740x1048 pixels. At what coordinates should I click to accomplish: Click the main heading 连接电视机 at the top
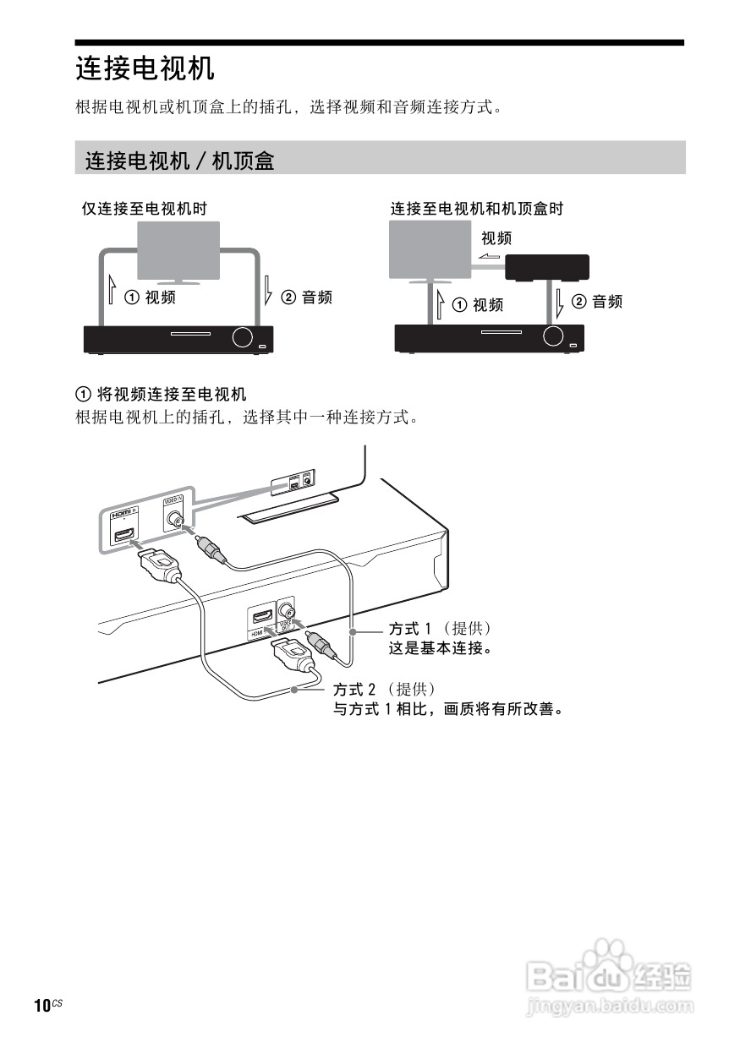[x=145, y=68]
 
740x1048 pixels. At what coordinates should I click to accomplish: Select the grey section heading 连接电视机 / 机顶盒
[x=179, y=160]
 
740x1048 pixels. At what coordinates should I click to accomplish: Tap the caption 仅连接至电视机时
[x=144, y=208]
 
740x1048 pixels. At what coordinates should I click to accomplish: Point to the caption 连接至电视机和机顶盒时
[x=476, y=208]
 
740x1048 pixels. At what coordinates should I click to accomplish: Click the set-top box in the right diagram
[x=546, y=268]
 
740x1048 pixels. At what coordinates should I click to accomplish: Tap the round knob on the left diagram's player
[x=241, y=337]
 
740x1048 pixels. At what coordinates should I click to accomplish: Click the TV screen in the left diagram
[x=178, y=250]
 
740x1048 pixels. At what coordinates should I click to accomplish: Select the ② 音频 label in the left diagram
[x=306, y=297]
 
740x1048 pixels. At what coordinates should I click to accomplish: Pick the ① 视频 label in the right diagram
[x=478, y=304]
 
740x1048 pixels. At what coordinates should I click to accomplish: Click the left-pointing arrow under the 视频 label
[x=488, y=258]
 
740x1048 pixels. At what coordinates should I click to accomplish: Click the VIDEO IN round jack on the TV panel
[x=174, y=521]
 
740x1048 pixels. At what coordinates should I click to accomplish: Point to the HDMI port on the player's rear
[x=260, y=618]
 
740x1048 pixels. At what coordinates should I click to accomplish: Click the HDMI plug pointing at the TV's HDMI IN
[x=157, y=562]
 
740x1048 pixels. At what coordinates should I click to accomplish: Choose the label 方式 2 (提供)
[x=385, y=690]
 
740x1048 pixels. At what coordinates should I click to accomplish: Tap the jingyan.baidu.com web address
[x=610, y=1007]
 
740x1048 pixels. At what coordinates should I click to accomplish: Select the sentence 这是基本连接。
[x=440, y=649]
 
